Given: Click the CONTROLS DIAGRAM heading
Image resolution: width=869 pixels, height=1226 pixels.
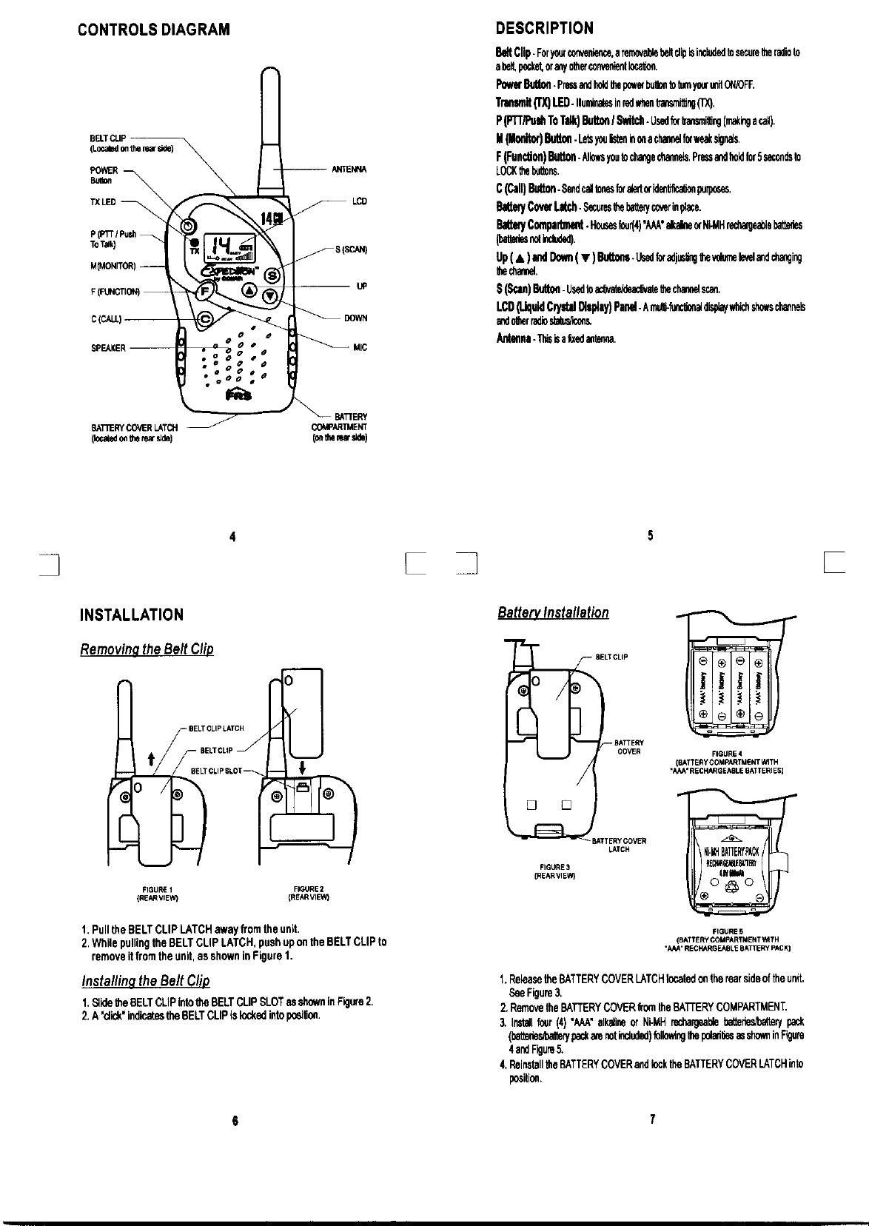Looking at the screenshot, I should coord(154,30).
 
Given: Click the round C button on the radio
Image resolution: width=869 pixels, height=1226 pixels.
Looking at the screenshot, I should coord(207,319).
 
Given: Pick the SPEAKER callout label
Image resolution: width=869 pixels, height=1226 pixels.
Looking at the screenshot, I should coord(108,348).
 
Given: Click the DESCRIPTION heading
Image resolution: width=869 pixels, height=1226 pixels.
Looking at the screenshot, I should coord(544,29).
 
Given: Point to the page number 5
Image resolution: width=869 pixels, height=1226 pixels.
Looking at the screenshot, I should coord(650,536).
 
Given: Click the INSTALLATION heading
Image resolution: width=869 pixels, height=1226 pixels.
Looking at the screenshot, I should coord(131,614).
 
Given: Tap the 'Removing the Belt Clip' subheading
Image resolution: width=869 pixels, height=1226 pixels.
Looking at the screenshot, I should coord(147,649).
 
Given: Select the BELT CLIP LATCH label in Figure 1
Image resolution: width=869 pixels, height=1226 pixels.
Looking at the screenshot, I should coord(216,728).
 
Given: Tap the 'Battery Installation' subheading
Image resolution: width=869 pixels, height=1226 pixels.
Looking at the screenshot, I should coord(553,613).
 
